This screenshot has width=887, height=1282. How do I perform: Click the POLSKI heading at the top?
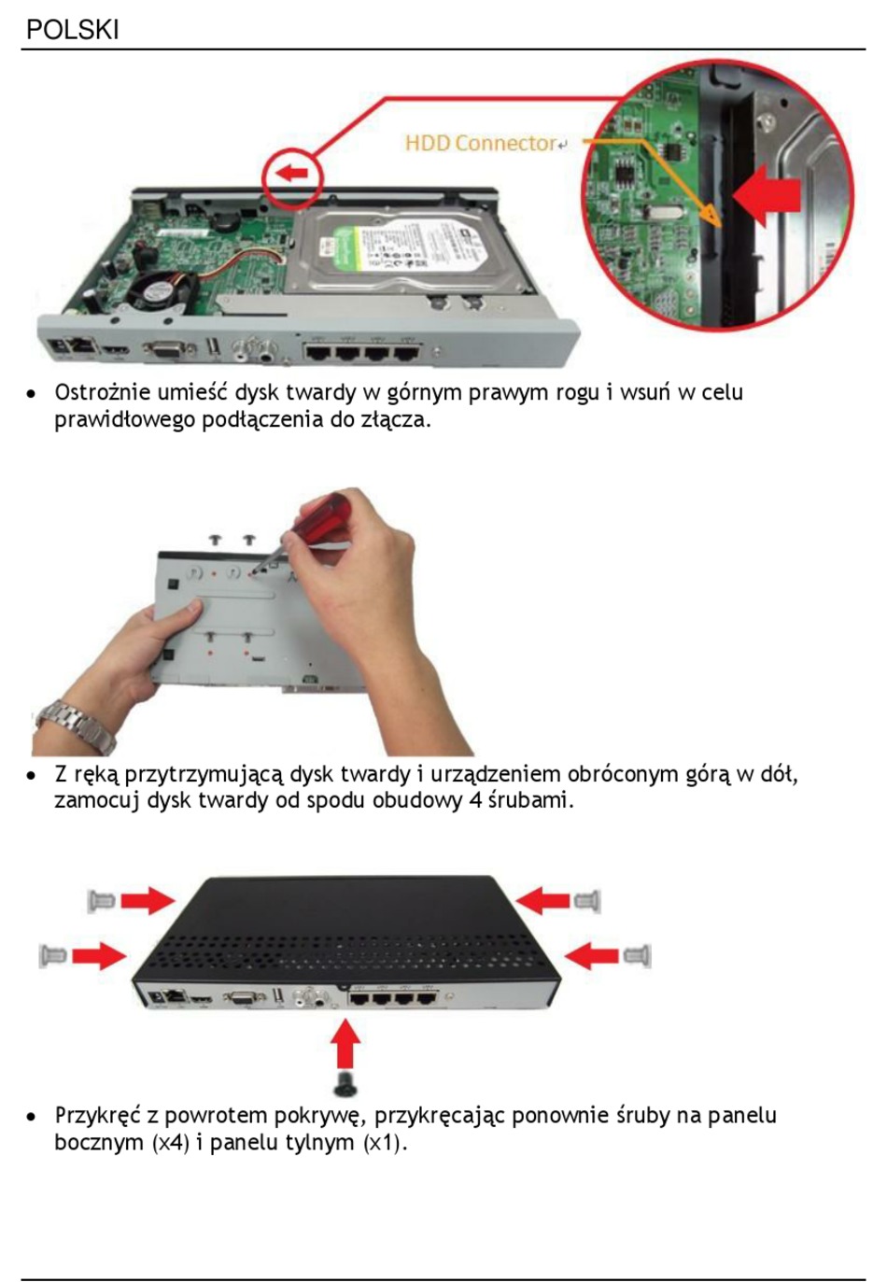(73, 30)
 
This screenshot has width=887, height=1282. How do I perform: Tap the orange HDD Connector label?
(481, 143)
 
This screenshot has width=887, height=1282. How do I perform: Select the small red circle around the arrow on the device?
(292, 177)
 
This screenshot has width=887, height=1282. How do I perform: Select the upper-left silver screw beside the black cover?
(102, 901)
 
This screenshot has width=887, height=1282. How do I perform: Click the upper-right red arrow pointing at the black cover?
(543, 901)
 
